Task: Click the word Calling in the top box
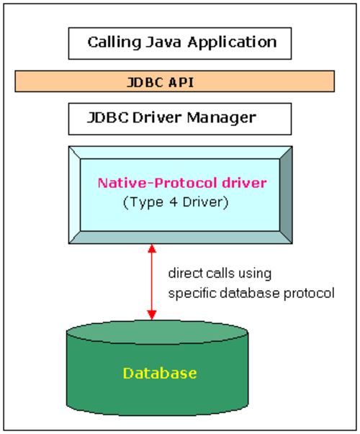[x=114, y=42]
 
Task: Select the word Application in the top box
[x=232, y=42]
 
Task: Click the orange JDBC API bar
[x=174, y=81]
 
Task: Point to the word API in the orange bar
[x=181, y=82]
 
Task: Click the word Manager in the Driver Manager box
[x=222, y=118]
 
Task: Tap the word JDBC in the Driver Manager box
[x=108, y=117]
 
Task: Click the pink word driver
[x=244, y=183]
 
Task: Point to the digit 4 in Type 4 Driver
[x=174, y=202]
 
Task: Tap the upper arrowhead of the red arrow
[x=152, y=248]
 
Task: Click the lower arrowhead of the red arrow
[x=152, y=315]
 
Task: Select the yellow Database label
[x=160, y=373]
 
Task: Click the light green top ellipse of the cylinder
[x=157, y=332]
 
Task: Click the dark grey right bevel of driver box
[x=286, y=195]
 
